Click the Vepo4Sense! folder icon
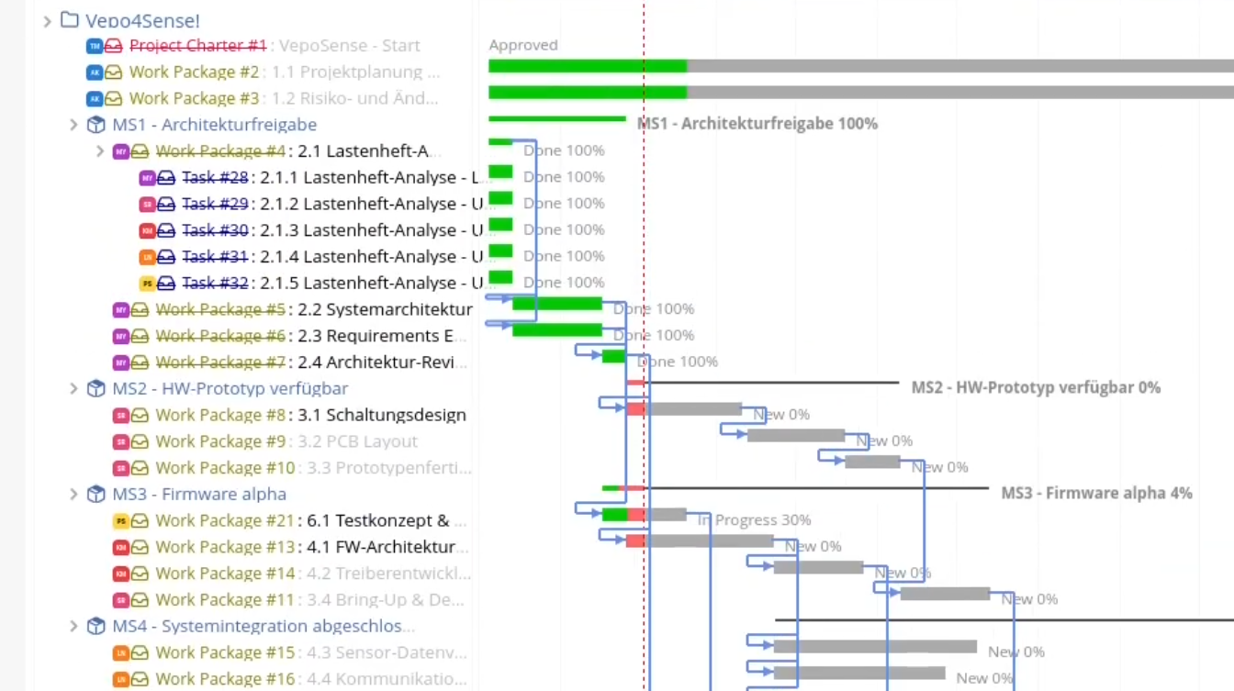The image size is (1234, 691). [69, 19]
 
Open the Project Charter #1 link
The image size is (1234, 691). [197, 45]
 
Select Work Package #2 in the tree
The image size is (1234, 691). [194, 72]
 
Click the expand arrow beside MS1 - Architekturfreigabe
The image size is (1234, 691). [74, 125]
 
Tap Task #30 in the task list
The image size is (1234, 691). [214, 230]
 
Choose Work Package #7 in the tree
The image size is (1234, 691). [220, 362]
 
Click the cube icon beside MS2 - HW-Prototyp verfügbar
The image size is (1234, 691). [95, 389]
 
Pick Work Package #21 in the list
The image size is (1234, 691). [225, 521]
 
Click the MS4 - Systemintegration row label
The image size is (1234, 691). [263, 627]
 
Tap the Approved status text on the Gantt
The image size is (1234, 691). [522, 45]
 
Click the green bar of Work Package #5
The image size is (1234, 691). [556, 304]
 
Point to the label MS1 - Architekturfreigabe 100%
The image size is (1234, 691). [757, 124]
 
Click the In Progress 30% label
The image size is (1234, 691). [755, 520]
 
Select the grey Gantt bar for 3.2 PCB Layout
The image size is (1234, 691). [795, 436]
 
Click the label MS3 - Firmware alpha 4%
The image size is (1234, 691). [1096, 494]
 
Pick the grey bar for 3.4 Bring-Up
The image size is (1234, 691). [944, 594]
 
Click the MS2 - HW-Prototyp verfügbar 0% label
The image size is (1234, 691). [1035, 388]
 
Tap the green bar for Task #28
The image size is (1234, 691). [500, 172]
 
